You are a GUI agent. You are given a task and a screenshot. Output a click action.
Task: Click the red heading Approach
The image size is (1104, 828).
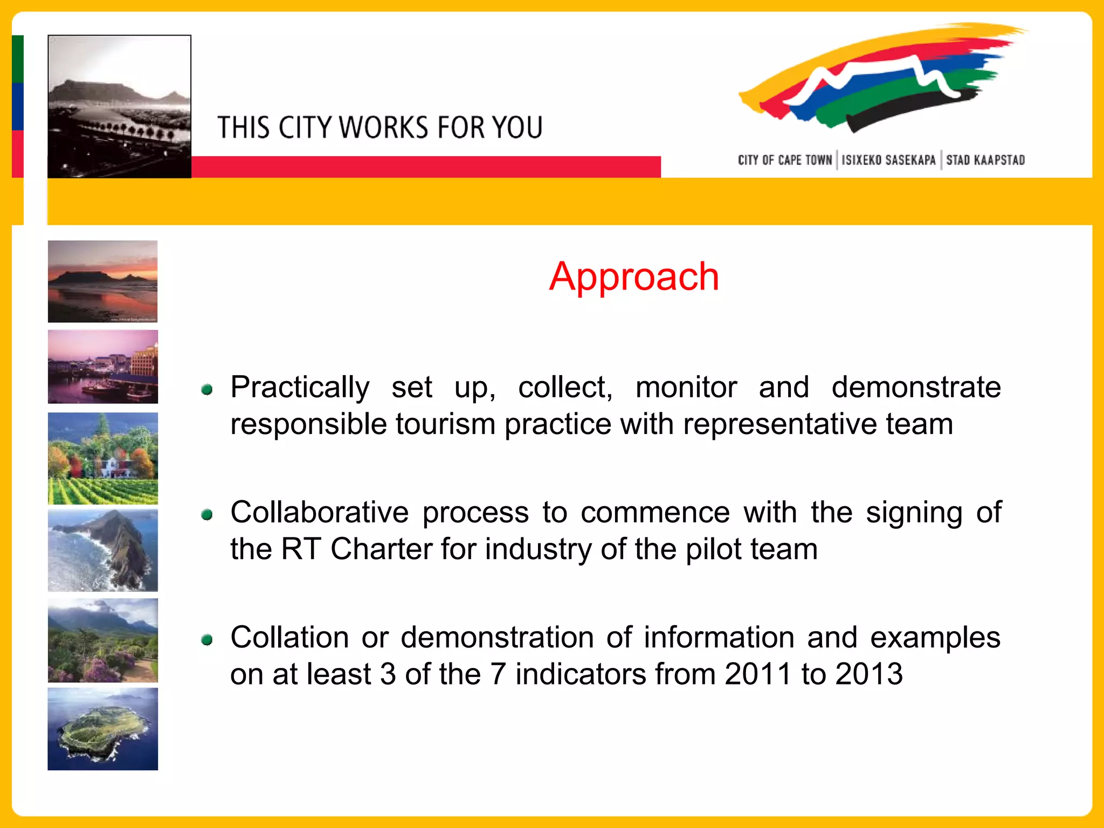(x=634, y=277)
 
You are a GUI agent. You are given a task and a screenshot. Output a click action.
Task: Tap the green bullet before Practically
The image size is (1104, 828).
(x=207, y=389)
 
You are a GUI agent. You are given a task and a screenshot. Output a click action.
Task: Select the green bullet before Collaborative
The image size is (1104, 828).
(x=207, y=515)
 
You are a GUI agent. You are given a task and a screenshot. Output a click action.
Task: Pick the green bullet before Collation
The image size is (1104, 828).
(x=207, y=640)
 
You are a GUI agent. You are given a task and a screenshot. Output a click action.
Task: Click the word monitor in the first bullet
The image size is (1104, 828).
(x=686, y=387)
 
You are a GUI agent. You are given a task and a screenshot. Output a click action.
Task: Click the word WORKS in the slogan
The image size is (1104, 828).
(x=384, y=128)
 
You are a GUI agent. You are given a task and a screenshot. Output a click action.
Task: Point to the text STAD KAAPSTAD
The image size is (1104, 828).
(x=985, y=160)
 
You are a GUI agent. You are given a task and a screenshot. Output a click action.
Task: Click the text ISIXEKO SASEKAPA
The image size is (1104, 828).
(x=888, y=160)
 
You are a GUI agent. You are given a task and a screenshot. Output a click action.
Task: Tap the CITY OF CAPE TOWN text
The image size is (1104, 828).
(x=785, y=160)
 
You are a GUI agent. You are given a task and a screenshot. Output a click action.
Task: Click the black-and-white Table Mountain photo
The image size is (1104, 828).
(x=119, y=106)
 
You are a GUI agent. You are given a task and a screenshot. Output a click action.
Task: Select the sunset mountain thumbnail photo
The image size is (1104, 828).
(x=102, y=281)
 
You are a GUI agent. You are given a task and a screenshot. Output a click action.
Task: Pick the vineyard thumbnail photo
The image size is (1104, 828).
(x=102, y=458)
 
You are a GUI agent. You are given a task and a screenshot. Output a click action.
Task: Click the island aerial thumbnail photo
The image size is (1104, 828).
(x=102, y=729)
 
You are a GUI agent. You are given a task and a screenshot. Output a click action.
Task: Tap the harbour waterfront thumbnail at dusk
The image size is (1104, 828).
(x=102, y=367)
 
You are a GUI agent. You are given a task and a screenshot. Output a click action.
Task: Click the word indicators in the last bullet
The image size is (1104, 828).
(x=581, y=674)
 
